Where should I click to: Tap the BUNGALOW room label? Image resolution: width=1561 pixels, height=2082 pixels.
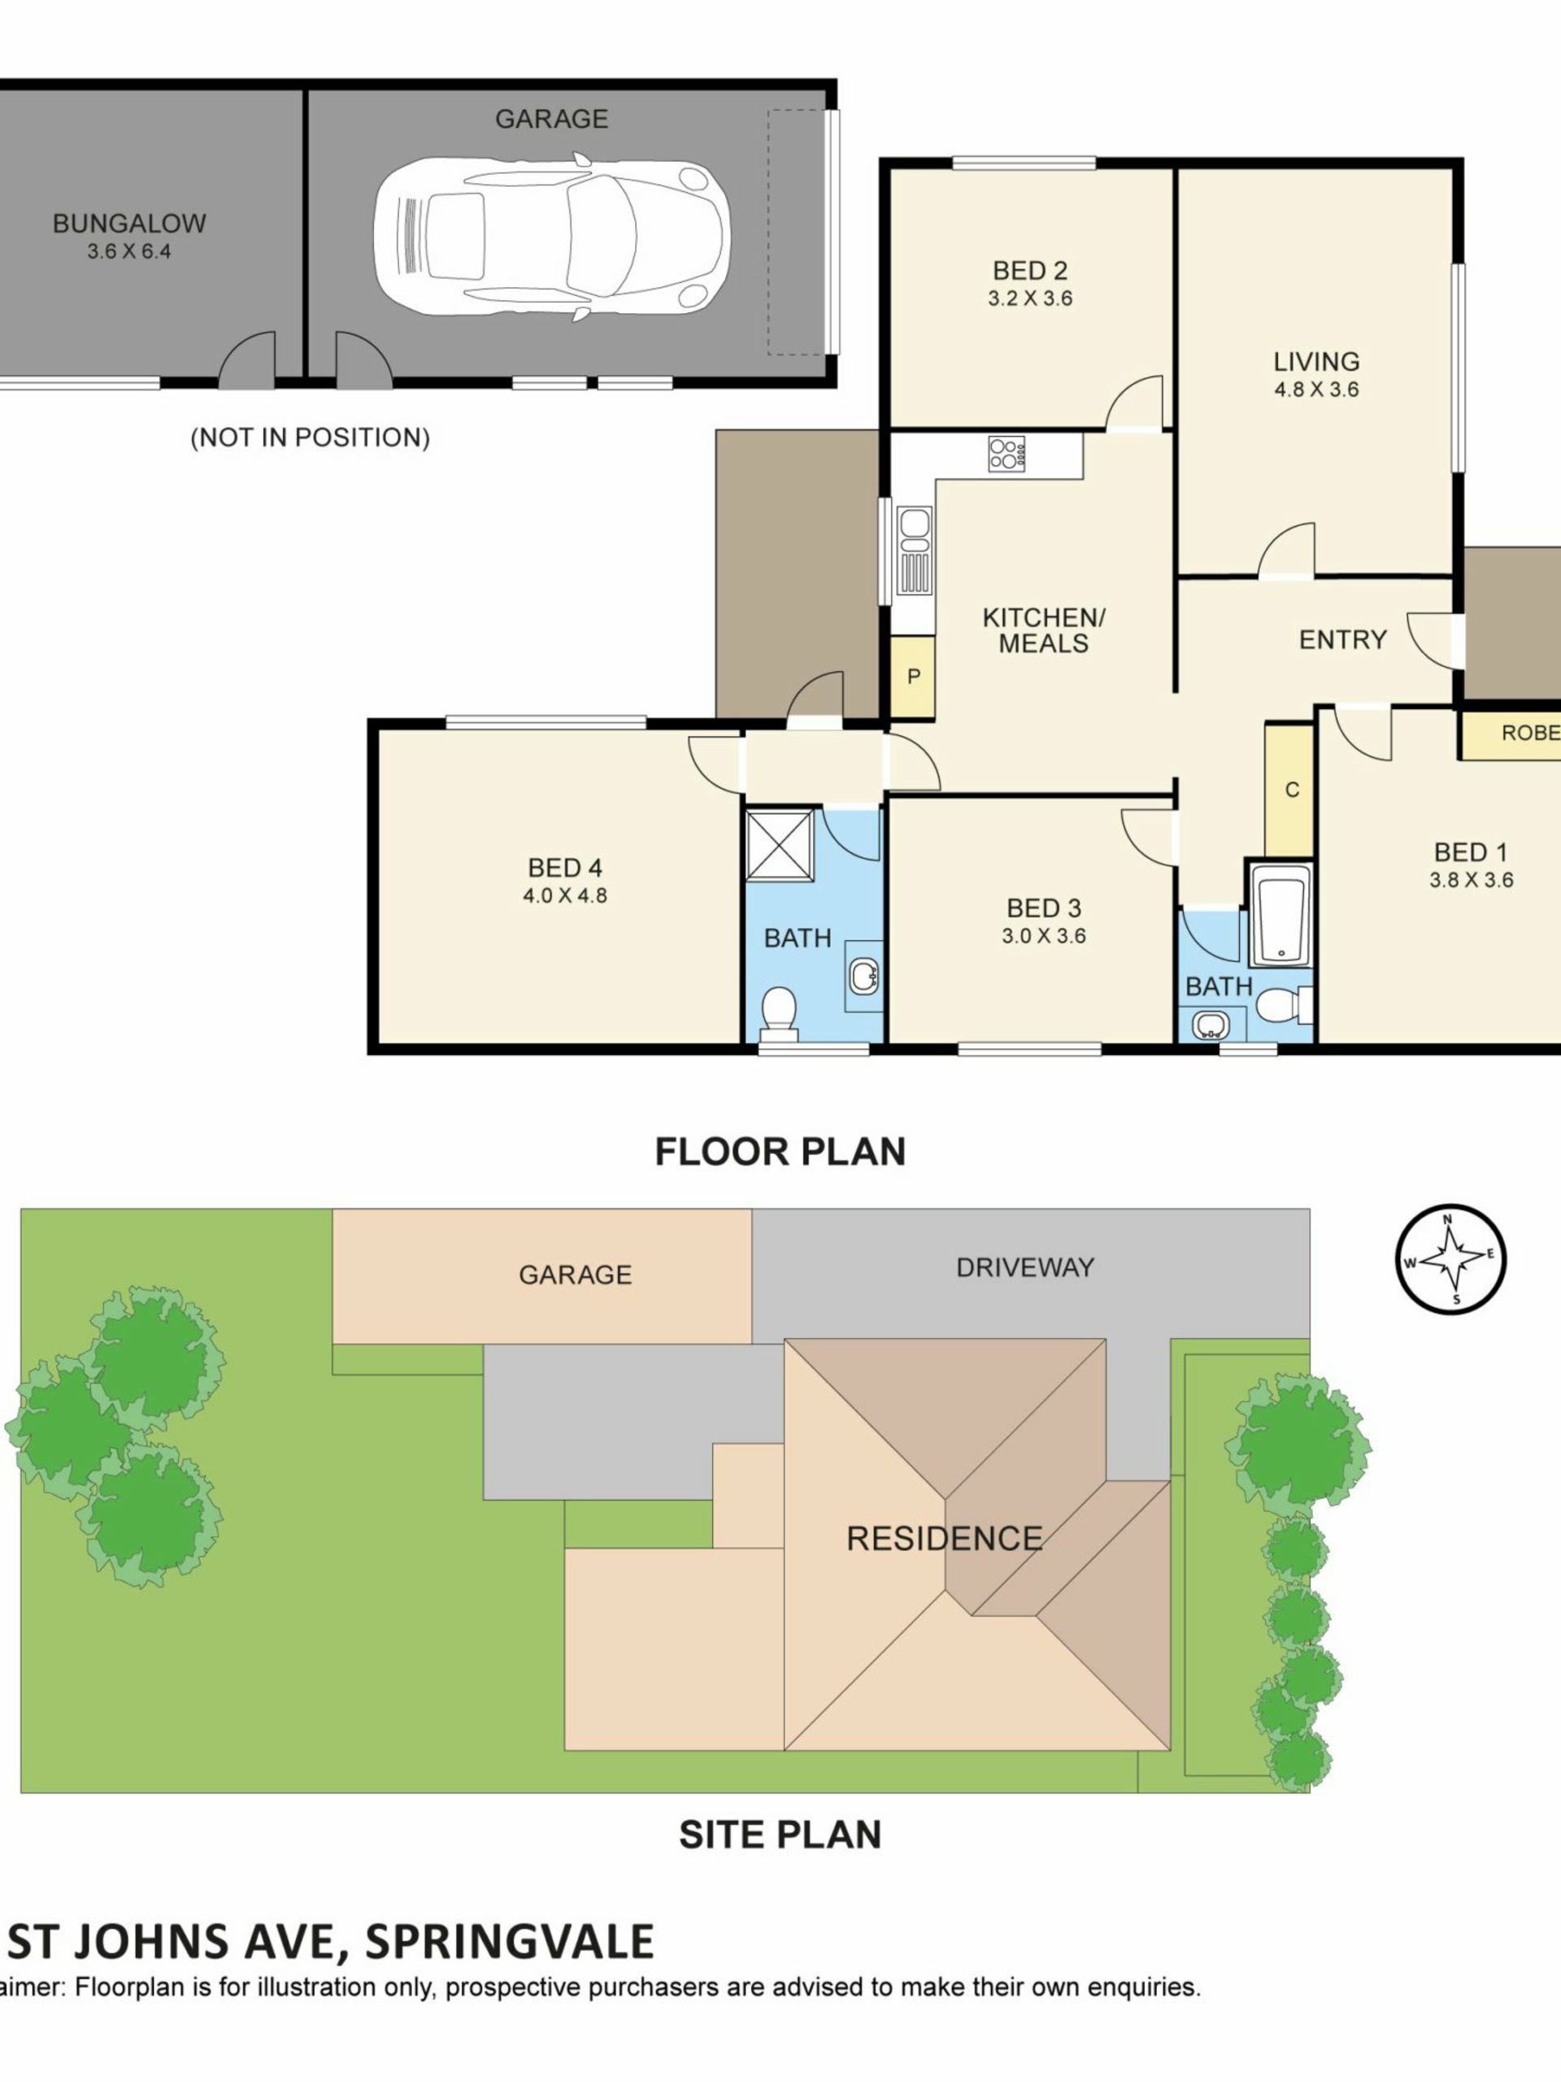[129, 223]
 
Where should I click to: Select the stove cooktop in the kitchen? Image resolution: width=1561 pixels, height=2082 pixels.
[1007, 454]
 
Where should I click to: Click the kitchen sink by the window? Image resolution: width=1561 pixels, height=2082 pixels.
[914, 551]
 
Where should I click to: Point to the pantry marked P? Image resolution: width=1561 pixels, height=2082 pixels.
[913, 677]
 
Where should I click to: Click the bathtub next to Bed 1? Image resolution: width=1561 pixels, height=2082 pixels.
[1281, 915]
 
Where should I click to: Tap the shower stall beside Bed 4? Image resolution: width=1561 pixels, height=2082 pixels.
[780, 844]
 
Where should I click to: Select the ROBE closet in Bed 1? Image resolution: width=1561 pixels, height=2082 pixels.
[1511, 734]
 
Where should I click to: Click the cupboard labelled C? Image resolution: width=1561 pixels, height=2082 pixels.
[1290, 790]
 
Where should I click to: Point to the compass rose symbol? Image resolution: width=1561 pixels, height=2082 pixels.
[1450, 1259]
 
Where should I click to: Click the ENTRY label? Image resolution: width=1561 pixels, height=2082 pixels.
[1343, 640]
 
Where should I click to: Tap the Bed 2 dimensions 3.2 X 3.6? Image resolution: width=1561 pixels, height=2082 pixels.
[1030, 298]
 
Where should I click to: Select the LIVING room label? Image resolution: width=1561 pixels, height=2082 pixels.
[1316, 361]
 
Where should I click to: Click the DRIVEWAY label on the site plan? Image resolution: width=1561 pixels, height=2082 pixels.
[1024, 1268]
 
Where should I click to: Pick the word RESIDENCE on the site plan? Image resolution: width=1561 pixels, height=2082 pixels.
[944, 1539]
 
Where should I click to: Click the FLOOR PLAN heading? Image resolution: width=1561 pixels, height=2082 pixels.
[780, 1152]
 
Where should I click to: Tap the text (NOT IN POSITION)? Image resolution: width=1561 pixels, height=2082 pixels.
[311, 438]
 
